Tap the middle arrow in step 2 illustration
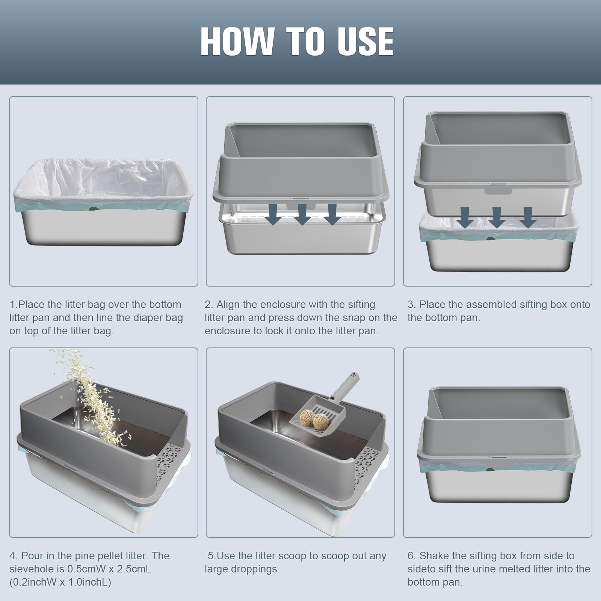(302, 214)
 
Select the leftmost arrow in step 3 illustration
(465, 217)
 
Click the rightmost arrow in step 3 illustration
(528, 217)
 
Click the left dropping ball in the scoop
(307, 418)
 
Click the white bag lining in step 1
(103, 180)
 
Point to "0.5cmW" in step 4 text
(87, 569)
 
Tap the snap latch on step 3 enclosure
(498, 191)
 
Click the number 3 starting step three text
(411, 305)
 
